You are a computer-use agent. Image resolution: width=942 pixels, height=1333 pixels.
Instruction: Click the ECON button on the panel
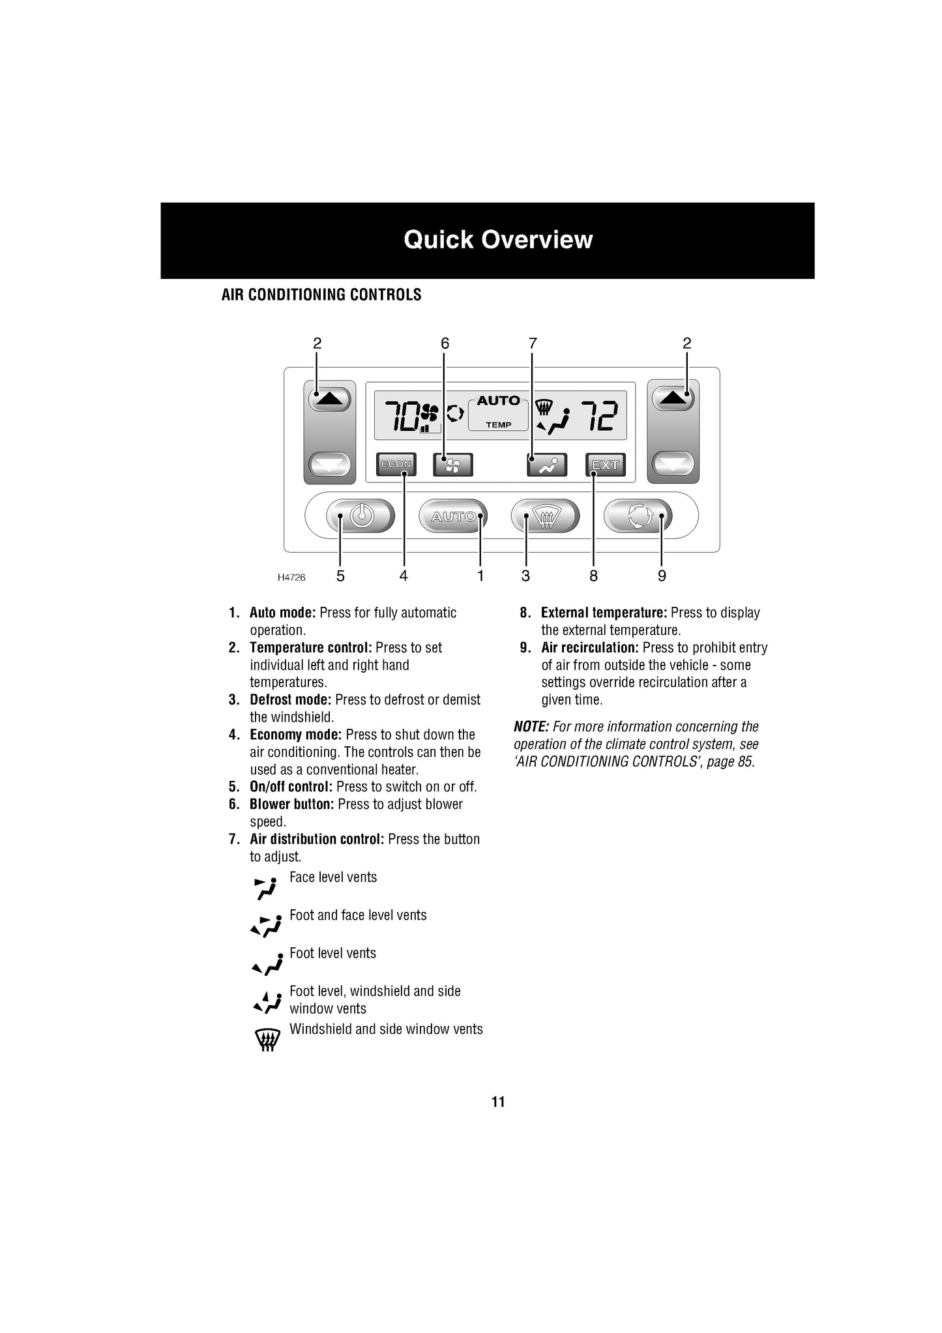(x=396, y=465)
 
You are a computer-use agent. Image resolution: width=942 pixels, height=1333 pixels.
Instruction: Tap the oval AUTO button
(x=453, y=516)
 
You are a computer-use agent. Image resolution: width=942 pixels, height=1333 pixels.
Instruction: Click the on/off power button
(x=361, y=516)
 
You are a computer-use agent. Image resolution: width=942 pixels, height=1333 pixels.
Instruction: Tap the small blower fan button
(x=453, y=465)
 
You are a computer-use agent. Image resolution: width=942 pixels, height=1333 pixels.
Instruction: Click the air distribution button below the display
(x=547, y=465)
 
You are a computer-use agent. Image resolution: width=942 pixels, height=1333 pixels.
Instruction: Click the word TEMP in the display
(x=498, y=425)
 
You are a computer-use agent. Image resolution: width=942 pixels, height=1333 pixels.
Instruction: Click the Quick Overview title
(x=498, y=240)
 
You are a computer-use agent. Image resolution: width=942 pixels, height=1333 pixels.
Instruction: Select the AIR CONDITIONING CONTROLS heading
(x=321, y=295)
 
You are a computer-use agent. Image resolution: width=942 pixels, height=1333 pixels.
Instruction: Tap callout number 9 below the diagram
(x=662, y=576)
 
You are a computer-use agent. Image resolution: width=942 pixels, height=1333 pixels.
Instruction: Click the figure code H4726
(x=291, y=578)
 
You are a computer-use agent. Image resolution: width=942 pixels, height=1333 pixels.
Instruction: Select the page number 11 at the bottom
(x=498, y=1102)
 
